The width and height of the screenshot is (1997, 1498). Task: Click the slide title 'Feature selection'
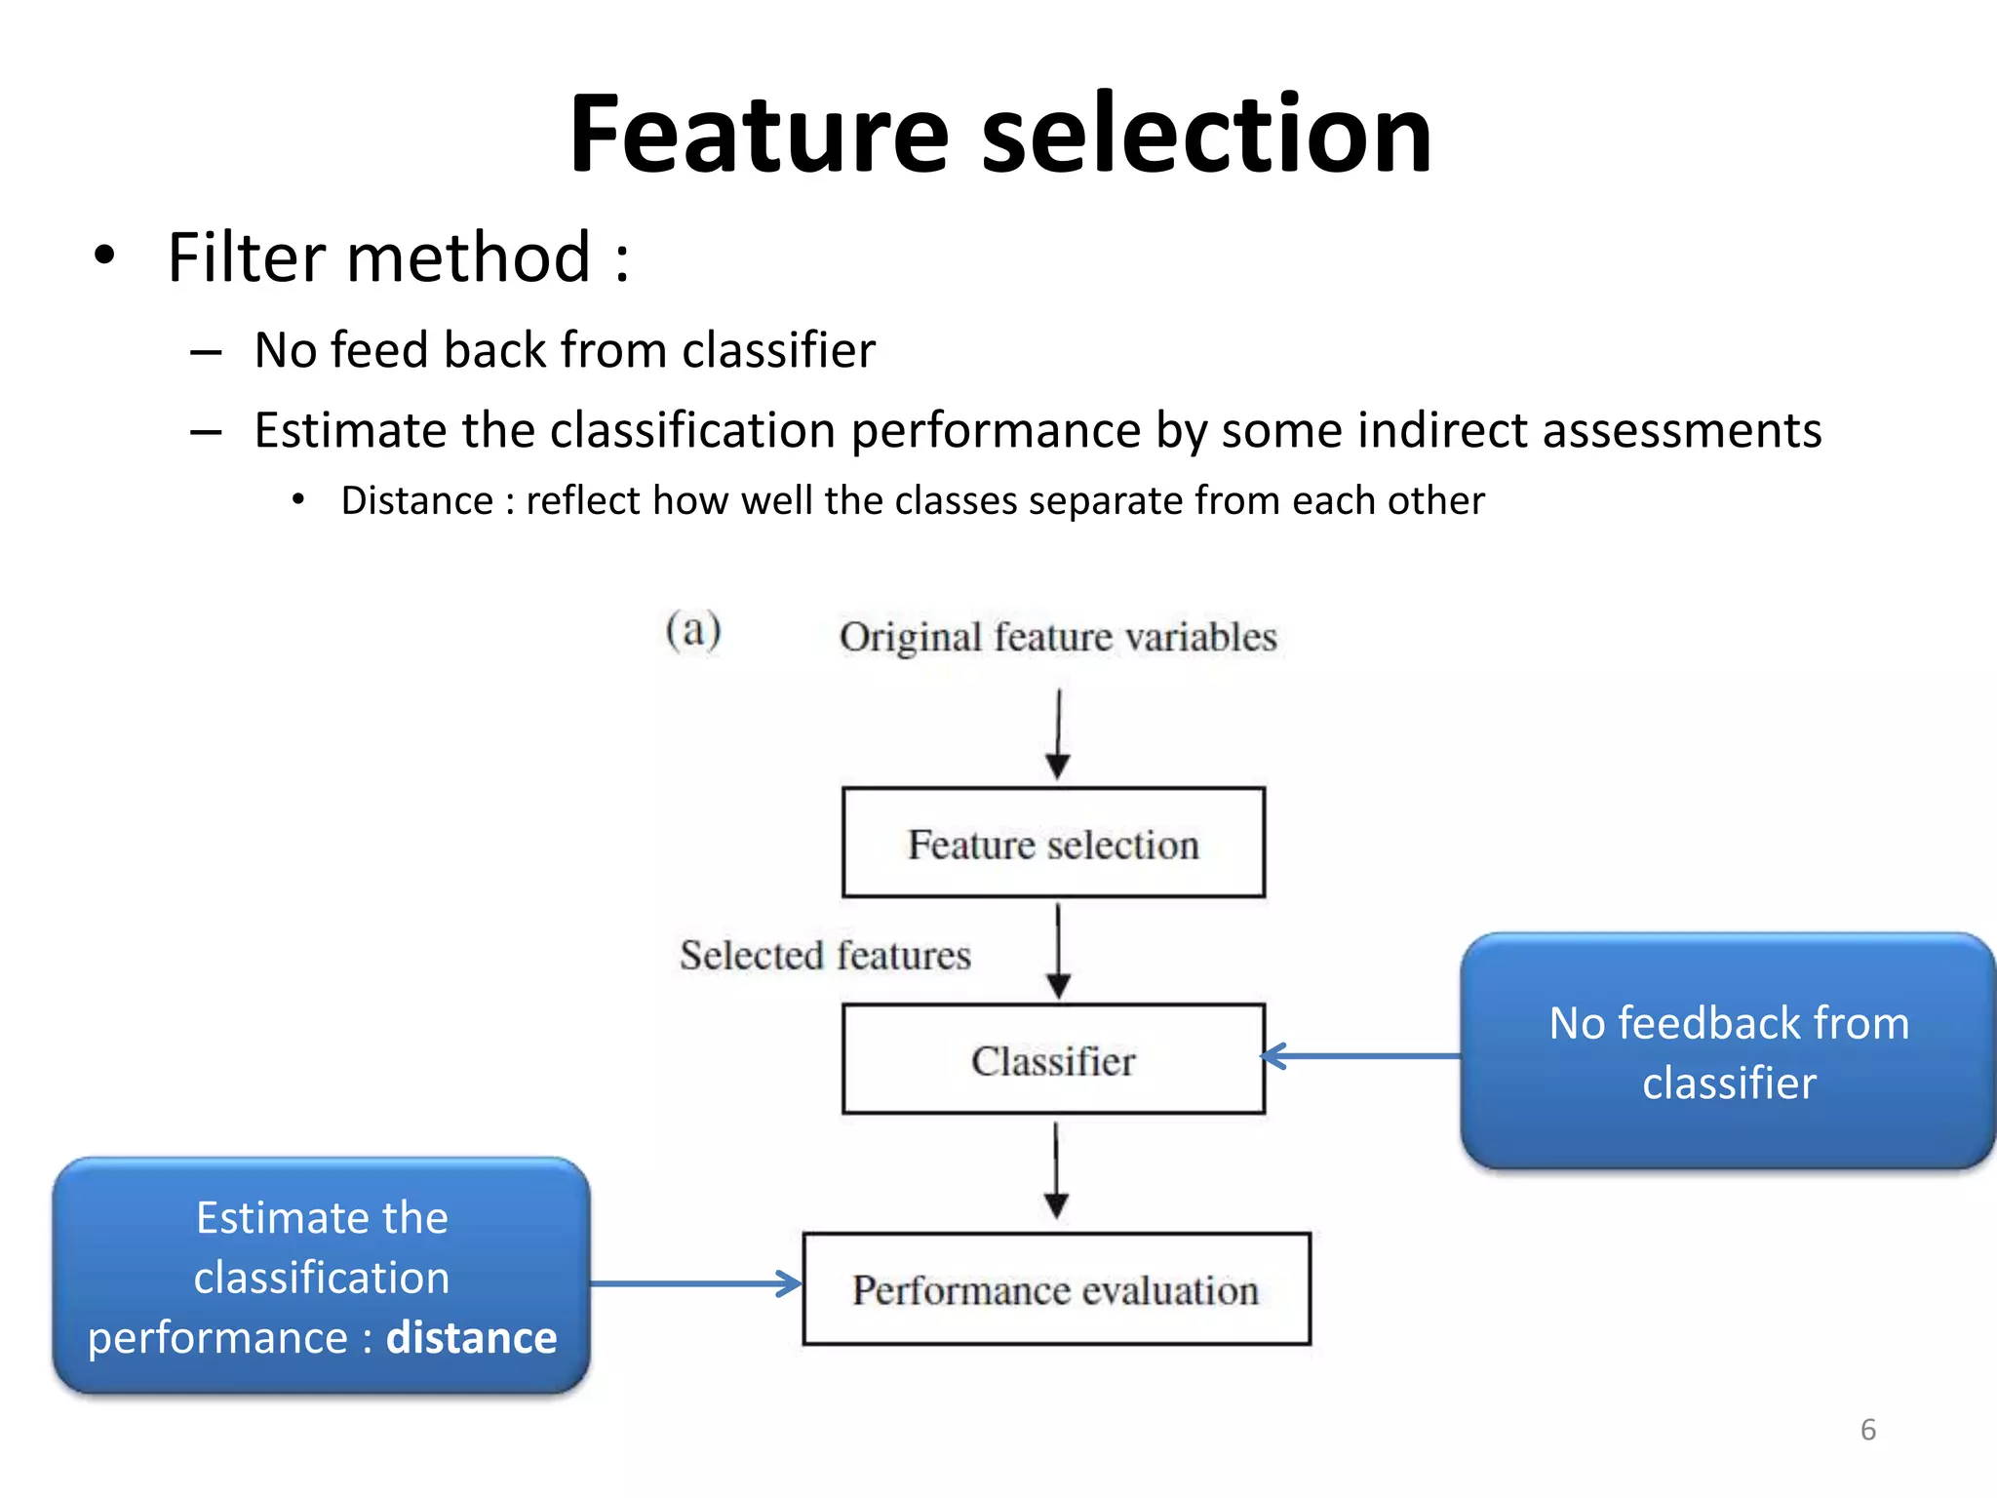click(999, 135)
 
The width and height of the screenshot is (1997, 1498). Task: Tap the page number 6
click(1867, 1430)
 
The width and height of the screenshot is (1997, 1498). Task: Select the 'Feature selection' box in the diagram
click(1053, 844)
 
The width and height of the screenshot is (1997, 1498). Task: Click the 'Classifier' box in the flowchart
click(1053, 1060)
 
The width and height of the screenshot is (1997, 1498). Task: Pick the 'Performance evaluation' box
click(1056, 1289)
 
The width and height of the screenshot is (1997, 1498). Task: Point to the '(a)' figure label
click(693, 631)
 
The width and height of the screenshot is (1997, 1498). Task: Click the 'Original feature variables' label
click(1058, 637)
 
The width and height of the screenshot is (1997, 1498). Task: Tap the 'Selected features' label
click(825, 955)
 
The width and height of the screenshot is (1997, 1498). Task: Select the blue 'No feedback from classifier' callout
click(1728, 1051)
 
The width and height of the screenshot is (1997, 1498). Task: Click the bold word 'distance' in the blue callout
click(471, 1337)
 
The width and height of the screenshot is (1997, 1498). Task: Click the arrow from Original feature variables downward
click(1058, 733)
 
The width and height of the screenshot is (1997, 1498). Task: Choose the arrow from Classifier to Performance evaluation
click(1056, 1170)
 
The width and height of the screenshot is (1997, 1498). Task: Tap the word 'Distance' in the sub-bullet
click(416, 501)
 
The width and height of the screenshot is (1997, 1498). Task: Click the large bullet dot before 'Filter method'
click(104, 256)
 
